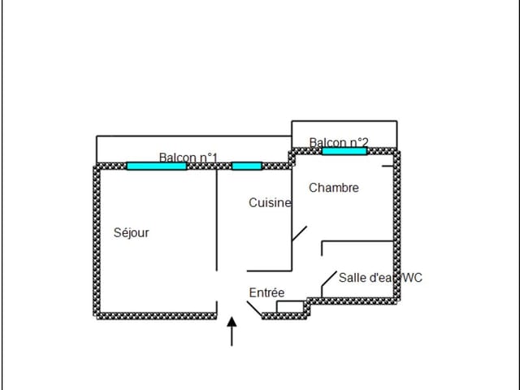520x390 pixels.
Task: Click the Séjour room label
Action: click(x=132, y=233)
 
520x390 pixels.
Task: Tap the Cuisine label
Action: click(x=270, y=202)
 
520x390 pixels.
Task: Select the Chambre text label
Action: click(x=334, y=188)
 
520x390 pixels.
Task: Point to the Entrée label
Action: click(x=266, y=292)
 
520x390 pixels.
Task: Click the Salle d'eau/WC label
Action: click(x=380, y=278)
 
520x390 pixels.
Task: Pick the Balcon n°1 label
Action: click(x=188, y=158)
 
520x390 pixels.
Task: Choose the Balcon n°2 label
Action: click(x=339, y=143)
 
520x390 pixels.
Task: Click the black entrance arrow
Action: click(x=232, y=331)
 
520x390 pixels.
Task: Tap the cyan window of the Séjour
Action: click(x=157, y=166)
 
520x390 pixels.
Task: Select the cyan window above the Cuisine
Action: click(x=247, y=166)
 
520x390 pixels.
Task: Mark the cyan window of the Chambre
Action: click(x=344, y=151)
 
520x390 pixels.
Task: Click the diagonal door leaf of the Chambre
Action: click(x=299, y=233)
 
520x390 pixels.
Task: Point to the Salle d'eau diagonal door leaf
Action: click(x=329, y=279)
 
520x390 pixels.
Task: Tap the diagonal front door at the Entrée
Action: click(x=254, y=309)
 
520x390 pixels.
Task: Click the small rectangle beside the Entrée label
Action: click(x=290, y=307)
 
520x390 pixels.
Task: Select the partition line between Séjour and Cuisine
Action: click(x=217, y=220)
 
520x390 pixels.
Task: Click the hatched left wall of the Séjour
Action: click(x=97, y=241)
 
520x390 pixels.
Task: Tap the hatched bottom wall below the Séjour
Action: click(x=157, y=316)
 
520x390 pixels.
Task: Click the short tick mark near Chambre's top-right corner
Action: click(x=388, y=166)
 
